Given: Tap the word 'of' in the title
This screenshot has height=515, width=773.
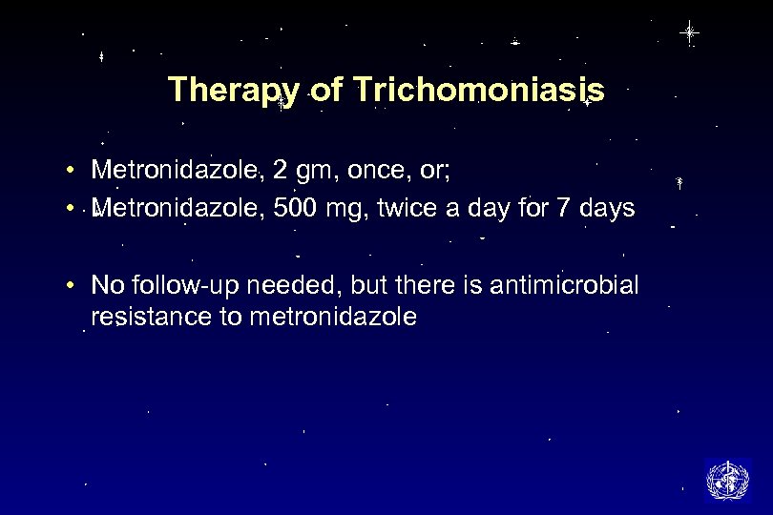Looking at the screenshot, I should pos(324,91).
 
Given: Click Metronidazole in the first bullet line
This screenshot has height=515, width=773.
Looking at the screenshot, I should pos(178,171).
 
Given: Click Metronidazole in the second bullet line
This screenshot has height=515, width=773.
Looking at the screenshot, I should pos(178,208).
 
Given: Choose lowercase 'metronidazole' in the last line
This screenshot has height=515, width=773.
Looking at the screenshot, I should pos(332,317).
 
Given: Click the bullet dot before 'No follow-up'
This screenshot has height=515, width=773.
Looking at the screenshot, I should pos(73,285).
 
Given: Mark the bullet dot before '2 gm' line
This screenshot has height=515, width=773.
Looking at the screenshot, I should pos(73,172).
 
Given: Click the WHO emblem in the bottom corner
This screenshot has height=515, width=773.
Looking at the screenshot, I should pos(727,481).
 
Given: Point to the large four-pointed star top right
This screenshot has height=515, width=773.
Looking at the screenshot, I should pos(689,32).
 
